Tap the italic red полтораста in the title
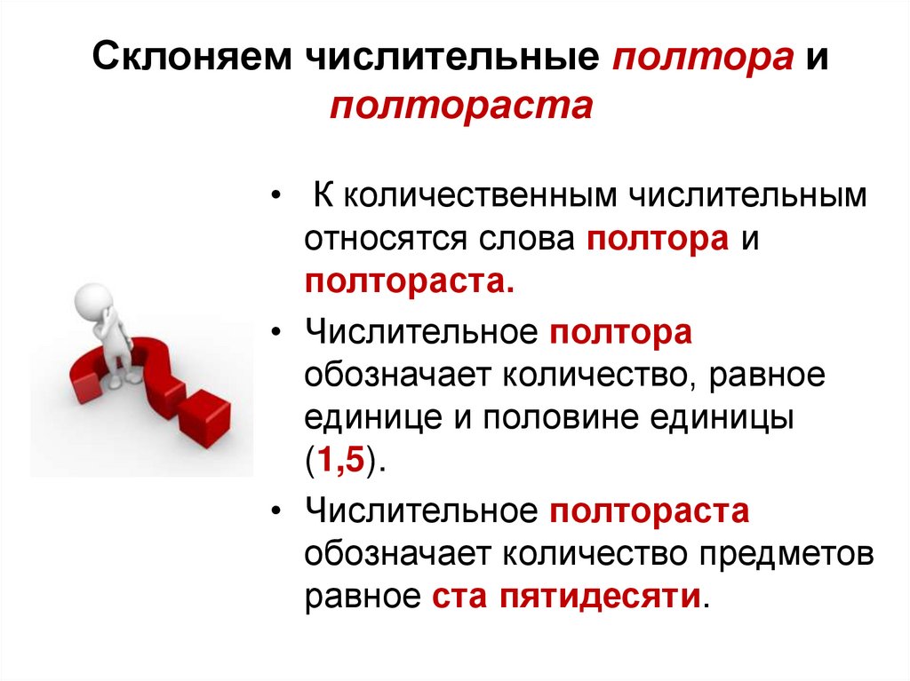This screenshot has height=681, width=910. pos(460,106)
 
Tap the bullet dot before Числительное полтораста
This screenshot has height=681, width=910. pos(280,511)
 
